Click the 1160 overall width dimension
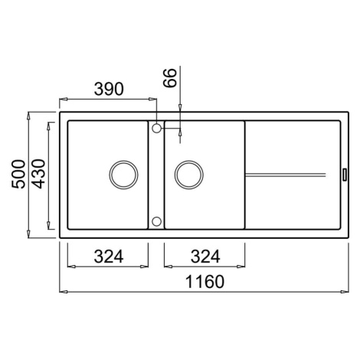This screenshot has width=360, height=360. (x=205, y=281)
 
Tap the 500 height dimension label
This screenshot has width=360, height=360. (x=18, y=174)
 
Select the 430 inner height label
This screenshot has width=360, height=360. (x=39, y=174)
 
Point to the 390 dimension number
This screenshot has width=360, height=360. (x=109, y=89)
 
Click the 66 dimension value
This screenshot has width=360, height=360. (x=170, y=77)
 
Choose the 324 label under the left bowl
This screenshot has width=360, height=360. (x=109, y=257)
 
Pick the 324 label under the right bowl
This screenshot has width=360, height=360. (x=205, y=257)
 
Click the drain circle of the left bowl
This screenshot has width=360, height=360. (x=123, y=175)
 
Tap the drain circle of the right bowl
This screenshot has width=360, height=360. (x=189, y=175)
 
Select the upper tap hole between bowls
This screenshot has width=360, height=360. (x=156, y=128)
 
